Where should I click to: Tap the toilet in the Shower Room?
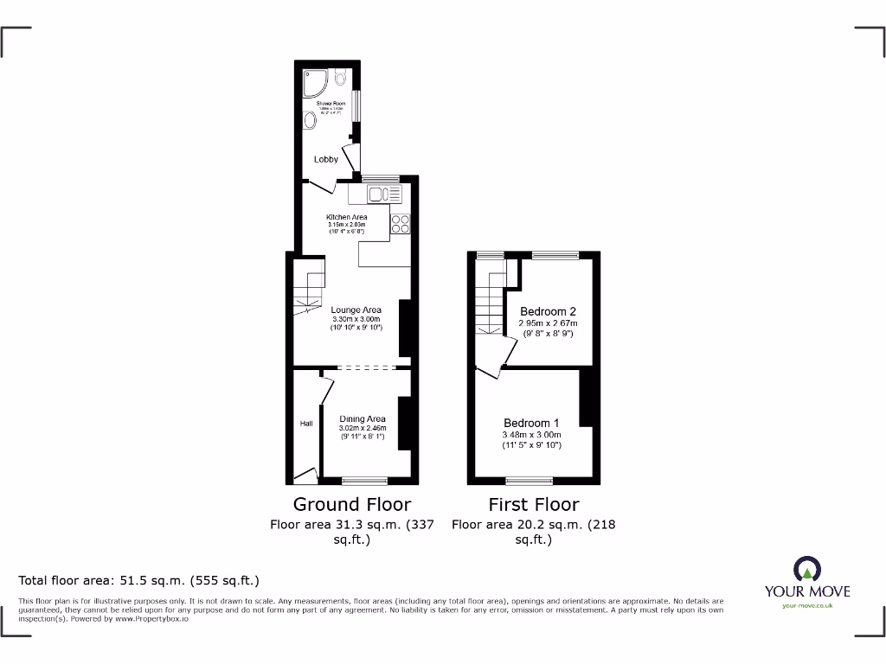click(340, 79)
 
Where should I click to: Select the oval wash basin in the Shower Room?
click(310, 122)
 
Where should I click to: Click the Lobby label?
click(326, 159)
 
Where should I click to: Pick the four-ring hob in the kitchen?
click(401, 223)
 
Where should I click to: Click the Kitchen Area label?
click(346, 217)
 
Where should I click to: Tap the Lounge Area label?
click(356, 310)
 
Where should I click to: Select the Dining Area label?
click(363, 418)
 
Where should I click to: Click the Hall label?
click(306, 424)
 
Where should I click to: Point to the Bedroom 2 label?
click(548, 311)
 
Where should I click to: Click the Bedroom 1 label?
click(532, 423)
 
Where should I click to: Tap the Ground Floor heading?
click(352, 504)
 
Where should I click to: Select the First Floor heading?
click(533, 504)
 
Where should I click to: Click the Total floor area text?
click(139, 580)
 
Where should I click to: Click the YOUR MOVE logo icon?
click(806, 569)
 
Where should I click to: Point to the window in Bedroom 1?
click(529, 480)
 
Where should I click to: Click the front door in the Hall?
click(305, 474)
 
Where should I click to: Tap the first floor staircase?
click(490, 303)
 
